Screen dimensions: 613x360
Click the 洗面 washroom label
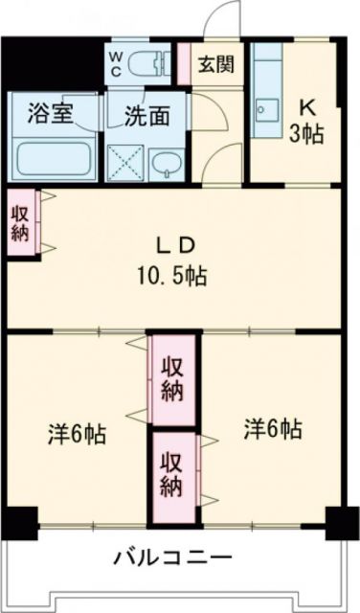coord(146,115)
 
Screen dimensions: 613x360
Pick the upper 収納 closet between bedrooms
coord(173,377)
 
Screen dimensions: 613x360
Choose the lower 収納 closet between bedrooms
coord(173,473)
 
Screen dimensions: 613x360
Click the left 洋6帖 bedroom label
coord(77,433)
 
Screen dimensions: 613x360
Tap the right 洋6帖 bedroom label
coord(273,428)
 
